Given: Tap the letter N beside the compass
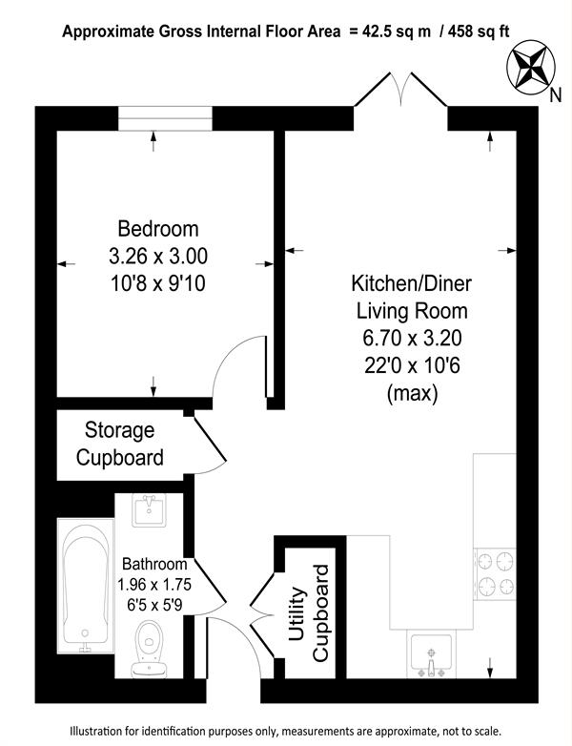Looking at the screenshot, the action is click(555, 95).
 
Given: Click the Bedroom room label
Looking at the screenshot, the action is click(158, 229).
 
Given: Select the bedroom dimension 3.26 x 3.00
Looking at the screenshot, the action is click(158, 257).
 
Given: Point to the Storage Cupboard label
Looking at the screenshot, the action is click(120, 444).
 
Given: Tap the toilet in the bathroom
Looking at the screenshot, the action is click(149, 649).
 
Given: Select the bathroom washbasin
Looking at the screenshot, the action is click(150, 509).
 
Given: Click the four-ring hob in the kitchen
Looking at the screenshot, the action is click(495, 573).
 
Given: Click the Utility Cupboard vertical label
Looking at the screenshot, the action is click(308, 613).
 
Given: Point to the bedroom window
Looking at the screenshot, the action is click(165, 118).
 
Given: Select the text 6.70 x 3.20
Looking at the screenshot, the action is click(412, 339).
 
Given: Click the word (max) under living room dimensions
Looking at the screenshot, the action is click(412, 393).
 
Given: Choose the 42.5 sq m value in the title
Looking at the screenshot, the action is click(398, 31).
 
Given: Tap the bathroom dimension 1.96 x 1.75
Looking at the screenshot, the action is click(154, 584).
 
